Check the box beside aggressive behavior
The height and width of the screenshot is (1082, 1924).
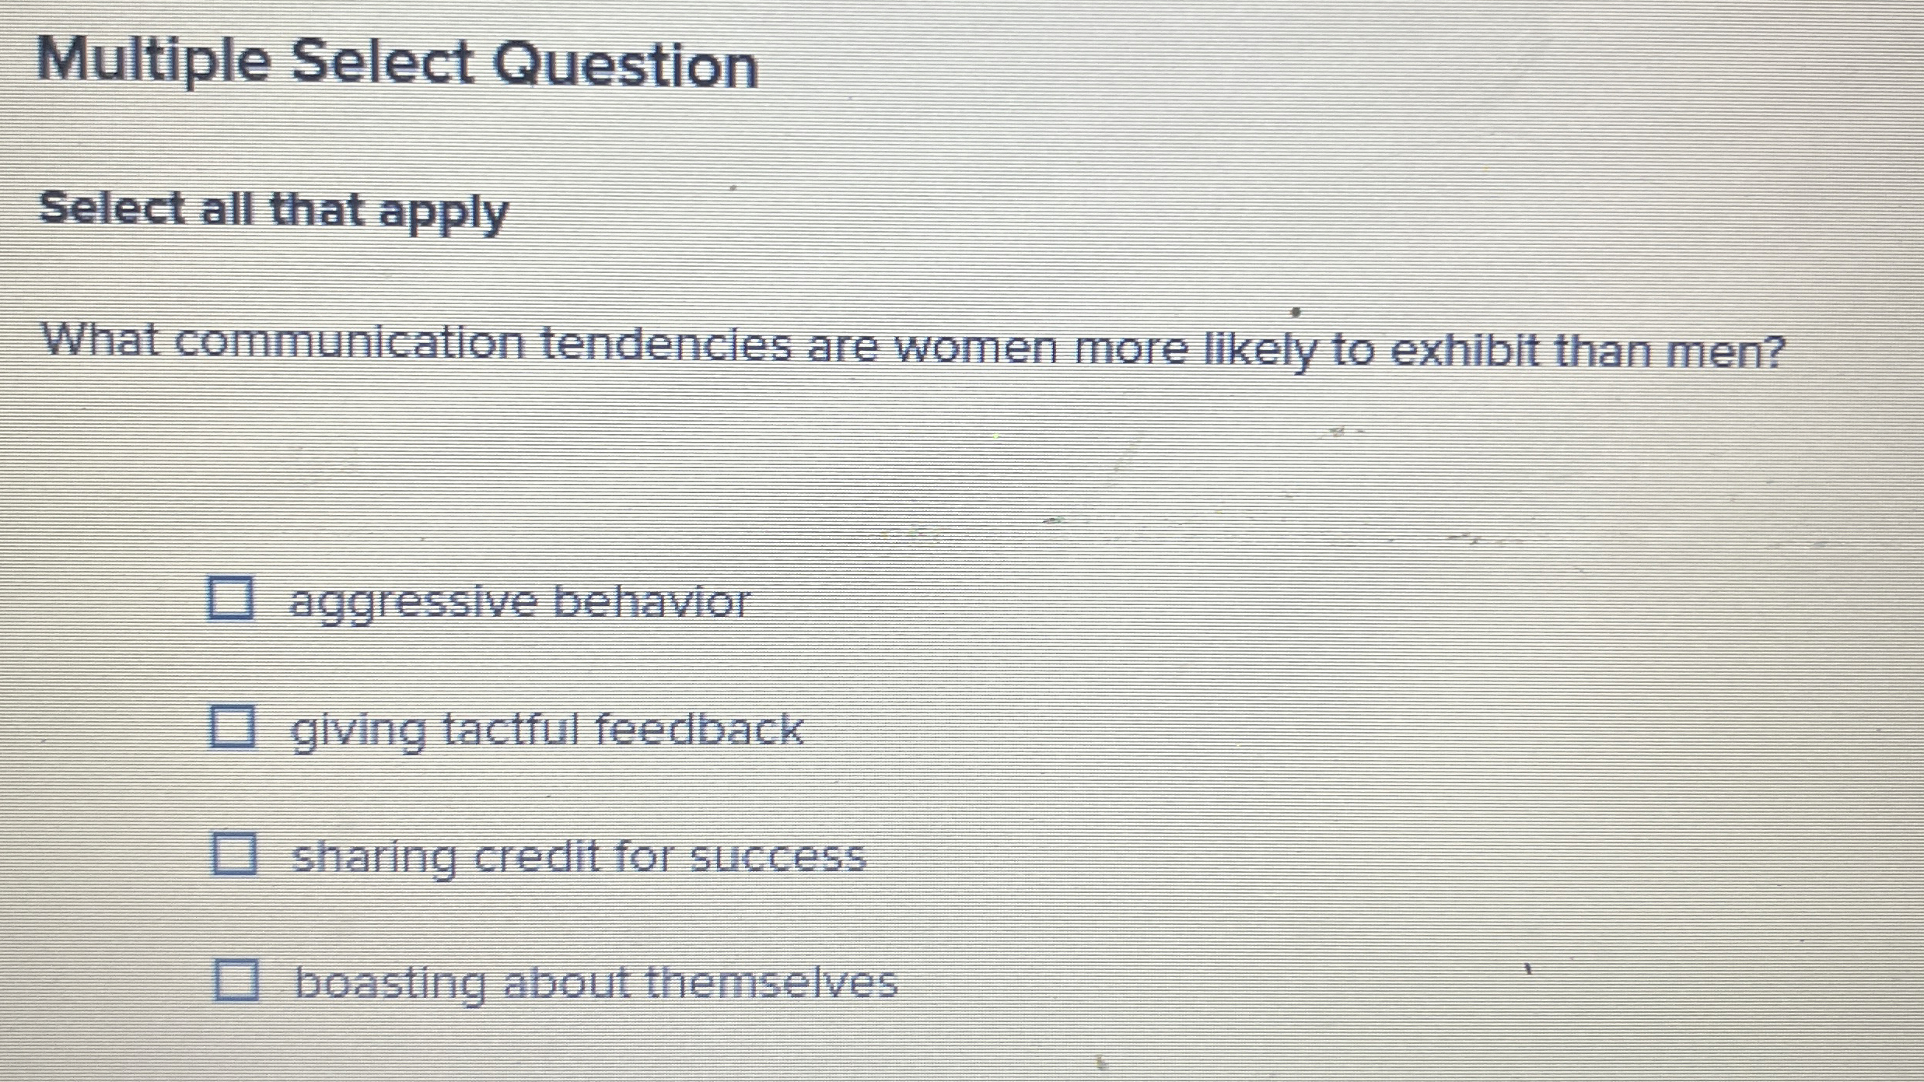[x=230, y=598]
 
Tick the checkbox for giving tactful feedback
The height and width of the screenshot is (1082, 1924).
[x=233, y=727]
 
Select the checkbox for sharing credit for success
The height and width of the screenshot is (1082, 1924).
[x=234, y=853]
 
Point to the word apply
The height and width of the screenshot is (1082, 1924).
[x=443, y=212]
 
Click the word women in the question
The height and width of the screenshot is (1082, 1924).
[x=976, y=348]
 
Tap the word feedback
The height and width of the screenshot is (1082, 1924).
[x=698, y=730]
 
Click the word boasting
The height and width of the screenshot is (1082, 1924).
[x=390, y=983]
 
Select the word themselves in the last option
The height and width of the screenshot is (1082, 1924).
[x=771, y=982]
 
